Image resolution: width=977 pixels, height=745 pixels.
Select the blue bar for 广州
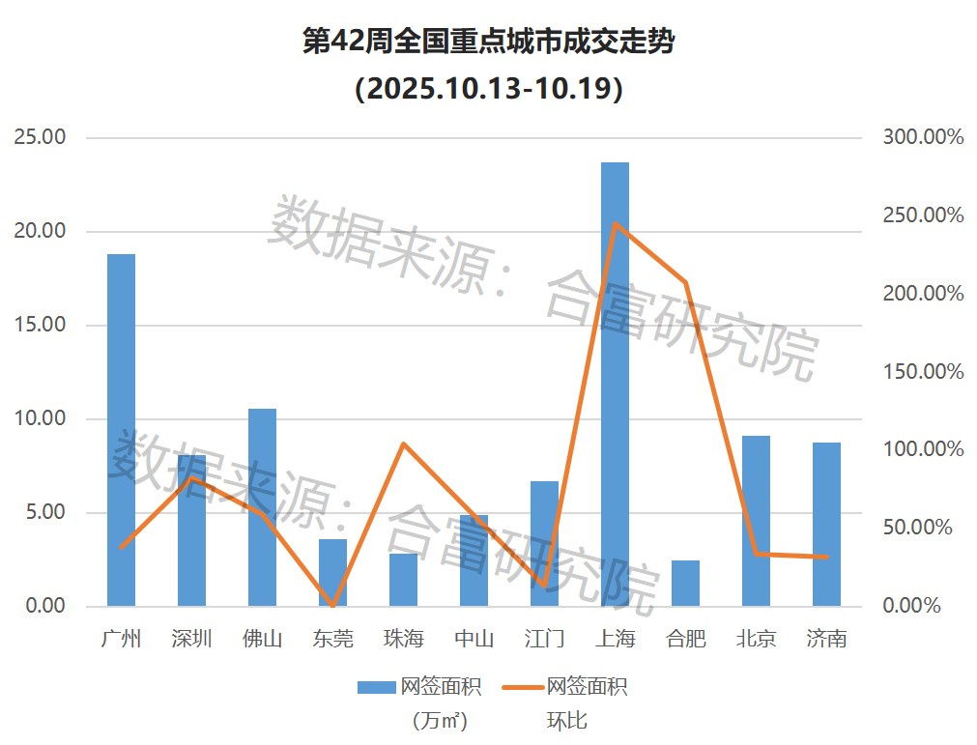(121, 430)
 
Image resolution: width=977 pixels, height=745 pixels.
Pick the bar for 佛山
(262, 507)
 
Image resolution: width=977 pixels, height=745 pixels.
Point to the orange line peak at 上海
(615, 224)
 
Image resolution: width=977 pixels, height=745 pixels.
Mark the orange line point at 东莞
(332, 605)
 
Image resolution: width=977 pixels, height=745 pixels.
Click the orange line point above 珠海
(403, 444)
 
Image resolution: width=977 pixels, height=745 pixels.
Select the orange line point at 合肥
(685, 282)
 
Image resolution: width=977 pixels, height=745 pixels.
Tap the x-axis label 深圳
(191, 639)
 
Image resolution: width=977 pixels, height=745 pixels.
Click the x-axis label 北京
(756, 639)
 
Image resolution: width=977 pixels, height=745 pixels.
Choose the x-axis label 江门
(544, 639)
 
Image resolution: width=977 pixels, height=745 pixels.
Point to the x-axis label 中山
(474, 639)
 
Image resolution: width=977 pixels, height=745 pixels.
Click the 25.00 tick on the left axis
(41, 137)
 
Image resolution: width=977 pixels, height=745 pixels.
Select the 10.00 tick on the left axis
(41, 419)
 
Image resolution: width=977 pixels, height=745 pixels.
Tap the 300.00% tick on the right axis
(923, 137)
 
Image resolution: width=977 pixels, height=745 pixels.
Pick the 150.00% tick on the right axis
(923, 372)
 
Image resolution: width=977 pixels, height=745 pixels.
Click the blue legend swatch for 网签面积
(377, 687)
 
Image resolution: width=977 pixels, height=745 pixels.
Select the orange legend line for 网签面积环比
(523, 687)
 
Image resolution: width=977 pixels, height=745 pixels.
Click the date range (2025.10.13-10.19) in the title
(488, 89)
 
